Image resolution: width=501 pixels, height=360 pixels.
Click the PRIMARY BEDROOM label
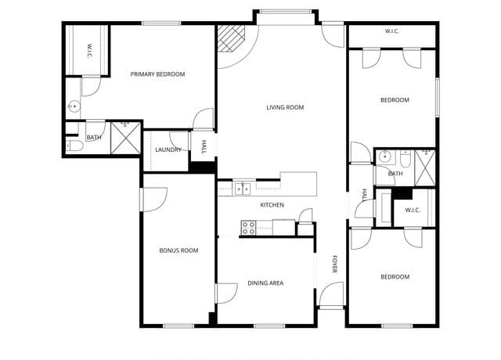pyautogui.click(x=157, y=74)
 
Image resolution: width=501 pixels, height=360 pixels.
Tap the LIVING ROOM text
pyautogui.click(x=285, y=108)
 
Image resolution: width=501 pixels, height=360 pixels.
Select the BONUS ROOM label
pyautogui.click(x=178, y=250)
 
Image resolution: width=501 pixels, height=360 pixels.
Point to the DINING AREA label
pyautogui.click(x=265, y=283)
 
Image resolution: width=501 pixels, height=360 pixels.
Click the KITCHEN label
pyautogui.click(x=272, y=205)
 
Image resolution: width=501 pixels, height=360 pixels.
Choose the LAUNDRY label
pyautogui.click(x=168, y=149)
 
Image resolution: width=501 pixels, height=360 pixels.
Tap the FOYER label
pyautogui.click(x=334, y=265)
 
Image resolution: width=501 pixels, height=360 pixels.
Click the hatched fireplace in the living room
pyautogui.click(x=231, y=38)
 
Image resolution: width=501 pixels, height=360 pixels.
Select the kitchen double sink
pyautogui.click(x=243, y=189)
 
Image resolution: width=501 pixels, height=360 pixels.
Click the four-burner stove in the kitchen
pyautogui.click(x=249, y=228)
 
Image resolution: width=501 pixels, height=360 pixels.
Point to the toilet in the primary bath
pyautogui.click(x=74, y=146)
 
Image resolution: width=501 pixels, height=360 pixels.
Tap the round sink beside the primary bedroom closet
pyautogui.click(x=74, y=106)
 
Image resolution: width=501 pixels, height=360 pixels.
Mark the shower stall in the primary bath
pyautogui.click(x=125, y=138)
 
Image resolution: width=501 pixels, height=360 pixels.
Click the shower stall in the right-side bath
pyautogui.click(x=424, y=168)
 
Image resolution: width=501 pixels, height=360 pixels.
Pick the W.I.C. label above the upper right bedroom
pyautogui.click(x=392, y=31)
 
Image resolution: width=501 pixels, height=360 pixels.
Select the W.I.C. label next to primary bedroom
pyautogui.click(x=89, y=51)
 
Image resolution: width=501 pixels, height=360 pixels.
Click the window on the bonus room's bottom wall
pyautogui.click(x=178, y=326)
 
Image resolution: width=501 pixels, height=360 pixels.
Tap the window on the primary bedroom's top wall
pyautogui.click(x=161, y=23)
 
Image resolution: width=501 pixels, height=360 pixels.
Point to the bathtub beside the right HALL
pyautogui.click(x=384, y=207)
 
